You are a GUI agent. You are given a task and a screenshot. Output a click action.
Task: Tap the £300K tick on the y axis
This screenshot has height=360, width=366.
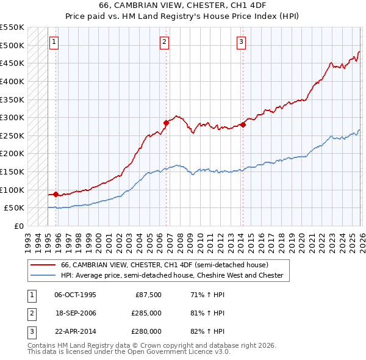coord(12,117)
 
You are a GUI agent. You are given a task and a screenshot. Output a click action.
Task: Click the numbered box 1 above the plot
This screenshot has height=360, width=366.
coord(54,42)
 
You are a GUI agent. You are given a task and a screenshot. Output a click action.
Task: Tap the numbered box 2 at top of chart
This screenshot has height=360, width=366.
coord(165,42)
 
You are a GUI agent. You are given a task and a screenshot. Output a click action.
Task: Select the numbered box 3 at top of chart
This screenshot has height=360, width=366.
coord(241,42)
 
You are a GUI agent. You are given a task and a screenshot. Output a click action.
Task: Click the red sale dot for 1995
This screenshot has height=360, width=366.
coord(56,194)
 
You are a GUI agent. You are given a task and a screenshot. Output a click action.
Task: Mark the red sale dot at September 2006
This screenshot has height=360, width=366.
coord(166,123)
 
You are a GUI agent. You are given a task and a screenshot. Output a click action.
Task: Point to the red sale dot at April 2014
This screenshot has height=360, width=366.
coord(242,124)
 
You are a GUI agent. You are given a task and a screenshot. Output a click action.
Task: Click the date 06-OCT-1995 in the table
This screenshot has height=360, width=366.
coord(75,295)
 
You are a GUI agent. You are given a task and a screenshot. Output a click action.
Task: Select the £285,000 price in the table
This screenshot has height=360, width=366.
coord(147,313)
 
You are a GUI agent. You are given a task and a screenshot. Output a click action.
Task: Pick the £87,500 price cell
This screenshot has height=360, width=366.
coord(149,295)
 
